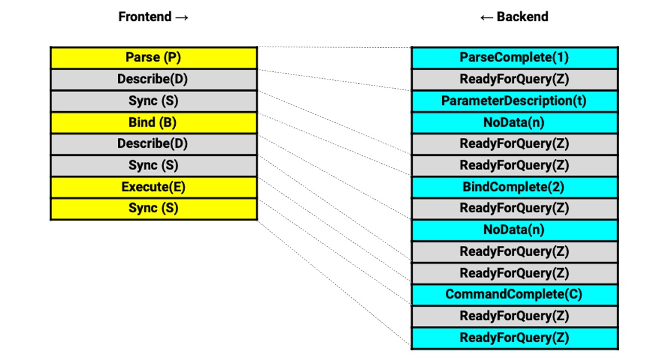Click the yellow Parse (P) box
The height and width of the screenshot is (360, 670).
(x=154, y=58)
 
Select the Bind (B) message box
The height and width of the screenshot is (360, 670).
(x=154, y=122)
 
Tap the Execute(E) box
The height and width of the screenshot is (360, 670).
(x=154, y=187)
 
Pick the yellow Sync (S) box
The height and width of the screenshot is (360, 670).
(x=154, y=209)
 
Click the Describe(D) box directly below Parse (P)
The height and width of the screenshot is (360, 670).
(x=154, y=79)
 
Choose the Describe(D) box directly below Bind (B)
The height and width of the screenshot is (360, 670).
(x=154, y=144)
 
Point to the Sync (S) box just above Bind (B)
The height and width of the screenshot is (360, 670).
(x=154, y=101)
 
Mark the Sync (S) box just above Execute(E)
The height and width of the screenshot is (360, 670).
(x=154, y=166)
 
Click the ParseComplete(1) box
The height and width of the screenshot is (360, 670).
(x=515, y=58)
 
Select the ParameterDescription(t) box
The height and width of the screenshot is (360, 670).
(x=515, y=101)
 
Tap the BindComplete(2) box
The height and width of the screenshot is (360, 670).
(x=515, y=187)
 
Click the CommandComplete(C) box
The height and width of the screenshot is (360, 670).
(x=515, y=295)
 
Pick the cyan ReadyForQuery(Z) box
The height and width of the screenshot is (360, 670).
(x=515, y=338)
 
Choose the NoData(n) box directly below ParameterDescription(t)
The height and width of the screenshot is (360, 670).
(x=515, y=122)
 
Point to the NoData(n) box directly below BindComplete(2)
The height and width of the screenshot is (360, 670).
(x=515, y=230)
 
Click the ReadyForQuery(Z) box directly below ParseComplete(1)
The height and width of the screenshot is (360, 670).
(x=515, y=79)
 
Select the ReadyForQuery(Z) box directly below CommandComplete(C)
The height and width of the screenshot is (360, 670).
(x=515, y=317)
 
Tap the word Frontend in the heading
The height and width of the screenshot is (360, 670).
(x=145, y=17)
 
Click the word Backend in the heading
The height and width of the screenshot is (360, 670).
(x=523, y=17)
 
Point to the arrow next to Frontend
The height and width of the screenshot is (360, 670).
(x=182, y=17)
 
